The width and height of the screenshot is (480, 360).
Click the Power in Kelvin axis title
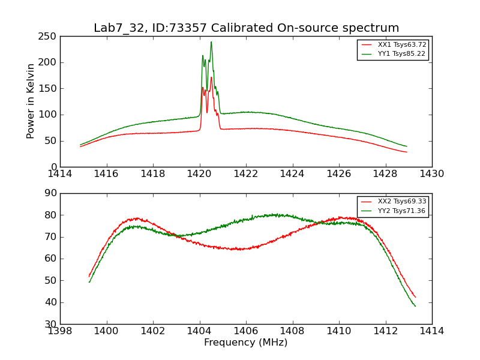coord(31,101)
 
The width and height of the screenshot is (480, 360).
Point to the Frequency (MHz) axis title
coord(245,343)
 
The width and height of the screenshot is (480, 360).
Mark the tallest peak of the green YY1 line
coord(211,42)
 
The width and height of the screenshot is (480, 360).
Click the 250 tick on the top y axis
coord(49,36)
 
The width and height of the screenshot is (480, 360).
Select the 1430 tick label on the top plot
coord(431,174)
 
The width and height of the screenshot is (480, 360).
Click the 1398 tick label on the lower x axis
coord(60,331)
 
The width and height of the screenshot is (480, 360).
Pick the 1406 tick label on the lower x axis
coord(245,331)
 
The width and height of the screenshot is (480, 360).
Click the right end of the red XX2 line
coord(415,297)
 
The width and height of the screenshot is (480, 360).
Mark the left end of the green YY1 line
coord(80,145)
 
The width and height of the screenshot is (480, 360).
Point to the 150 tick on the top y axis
coord(49,88)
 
